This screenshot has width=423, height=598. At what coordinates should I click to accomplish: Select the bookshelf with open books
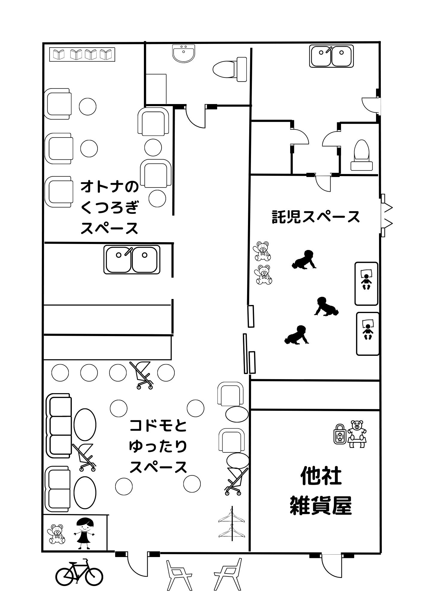coord(82,54)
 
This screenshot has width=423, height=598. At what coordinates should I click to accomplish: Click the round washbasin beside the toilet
coord(184,54)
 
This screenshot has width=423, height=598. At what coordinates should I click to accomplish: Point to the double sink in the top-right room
coord(331,56)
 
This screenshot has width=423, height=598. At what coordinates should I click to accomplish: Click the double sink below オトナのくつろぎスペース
coord(132,260)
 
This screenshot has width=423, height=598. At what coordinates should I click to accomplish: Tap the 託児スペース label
coord(316,216)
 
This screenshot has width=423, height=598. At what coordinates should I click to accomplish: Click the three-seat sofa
coord(59,425)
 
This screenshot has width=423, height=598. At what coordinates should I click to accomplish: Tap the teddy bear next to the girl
coord(56,534)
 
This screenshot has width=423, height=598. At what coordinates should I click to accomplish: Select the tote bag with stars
coord(340,434)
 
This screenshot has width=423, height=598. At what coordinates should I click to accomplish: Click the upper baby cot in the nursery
coord(366,283)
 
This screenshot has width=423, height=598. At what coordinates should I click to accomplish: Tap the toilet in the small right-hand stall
coord(361,155)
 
